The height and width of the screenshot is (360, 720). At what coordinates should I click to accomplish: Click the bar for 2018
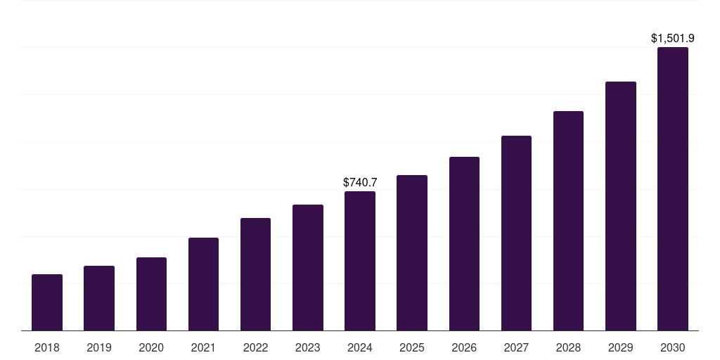coord(47,302)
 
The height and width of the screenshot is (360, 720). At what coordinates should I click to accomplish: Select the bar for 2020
coord(151,294)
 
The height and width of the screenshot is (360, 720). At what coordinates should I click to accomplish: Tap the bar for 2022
coord(255,274)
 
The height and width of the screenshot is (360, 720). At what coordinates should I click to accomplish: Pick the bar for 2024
coord(360,261)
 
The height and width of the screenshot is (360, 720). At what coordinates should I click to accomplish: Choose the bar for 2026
coord(464,243)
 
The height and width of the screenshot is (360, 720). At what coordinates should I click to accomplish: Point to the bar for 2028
coord(568,221)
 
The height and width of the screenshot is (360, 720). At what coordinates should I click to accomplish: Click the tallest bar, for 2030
coord(673,188)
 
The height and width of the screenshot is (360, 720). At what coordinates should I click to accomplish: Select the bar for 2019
coord(99,298)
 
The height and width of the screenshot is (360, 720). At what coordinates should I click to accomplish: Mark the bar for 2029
coord(621,206)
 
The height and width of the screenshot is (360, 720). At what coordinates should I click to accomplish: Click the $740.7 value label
coord(360,182)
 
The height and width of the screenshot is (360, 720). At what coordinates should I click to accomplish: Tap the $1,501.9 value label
coord(673,38)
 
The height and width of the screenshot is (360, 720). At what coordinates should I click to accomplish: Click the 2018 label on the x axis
coord(47,347)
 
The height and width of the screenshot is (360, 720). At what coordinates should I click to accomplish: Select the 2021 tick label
coord(203,347)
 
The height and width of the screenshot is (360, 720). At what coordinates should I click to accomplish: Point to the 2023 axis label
coord(308,347)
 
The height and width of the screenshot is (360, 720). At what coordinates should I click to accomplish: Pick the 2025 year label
coord(412,347)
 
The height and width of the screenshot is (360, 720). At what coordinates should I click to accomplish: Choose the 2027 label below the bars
coord(516,347)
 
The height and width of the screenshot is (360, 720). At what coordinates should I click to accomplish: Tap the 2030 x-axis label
coord(673,347)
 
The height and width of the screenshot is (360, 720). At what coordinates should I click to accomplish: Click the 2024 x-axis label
coord(360,347)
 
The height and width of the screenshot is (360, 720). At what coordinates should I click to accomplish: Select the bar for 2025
coord(412,252)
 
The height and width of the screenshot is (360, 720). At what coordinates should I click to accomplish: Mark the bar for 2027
coord(516,233)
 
